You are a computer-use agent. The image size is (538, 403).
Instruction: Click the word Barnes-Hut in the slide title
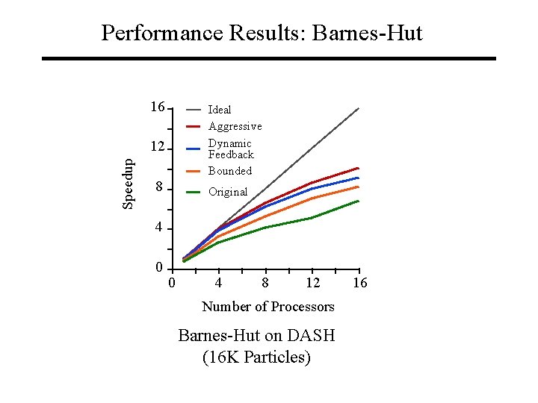pos(368,34)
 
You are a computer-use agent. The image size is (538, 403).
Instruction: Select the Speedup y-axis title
pos(129,182)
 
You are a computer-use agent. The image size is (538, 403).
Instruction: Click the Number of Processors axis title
pos(268,307)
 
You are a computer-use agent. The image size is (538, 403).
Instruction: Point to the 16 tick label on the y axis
pos(157,107)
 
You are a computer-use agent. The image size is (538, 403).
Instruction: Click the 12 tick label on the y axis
pos(157,147)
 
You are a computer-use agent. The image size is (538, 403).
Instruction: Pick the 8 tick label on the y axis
pos(159,187)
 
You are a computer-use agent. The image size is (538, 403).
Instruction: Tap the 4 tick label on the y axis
pos(159,228)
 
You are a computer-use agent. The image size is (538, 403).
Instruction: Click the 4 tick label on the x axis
pos(218,283)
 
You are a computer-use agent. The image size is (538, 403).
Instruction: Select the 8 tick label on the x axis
pos(265,283)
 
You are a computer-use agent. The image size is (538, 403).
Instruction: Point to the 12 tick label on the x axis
pos(313,283)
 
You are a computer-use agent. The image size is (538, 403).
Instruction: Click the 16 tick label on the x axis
pos(359,283)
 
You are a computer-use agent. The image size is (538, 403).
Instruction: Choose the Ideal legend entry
pos(220,110)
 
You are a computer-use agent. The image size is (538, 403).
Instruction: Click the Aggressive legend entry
pos(235,126)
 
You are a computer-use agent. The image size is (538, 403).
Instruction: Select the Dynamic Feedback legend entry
pos(230,149)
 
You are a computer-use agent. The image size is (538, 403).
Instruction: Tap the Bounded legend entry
pos(230,171)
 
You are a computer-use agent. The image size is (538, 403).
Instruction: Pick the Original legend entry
pos(228,192)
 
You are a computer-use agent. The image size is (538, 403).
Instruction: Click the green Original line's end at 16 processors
pos(359,201)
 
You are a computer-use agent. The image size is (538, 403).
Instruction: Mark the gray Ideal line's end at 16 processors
pos(359,109)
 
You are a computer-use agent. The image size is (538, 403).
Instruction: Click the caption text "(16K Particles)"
pos(256,357)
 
